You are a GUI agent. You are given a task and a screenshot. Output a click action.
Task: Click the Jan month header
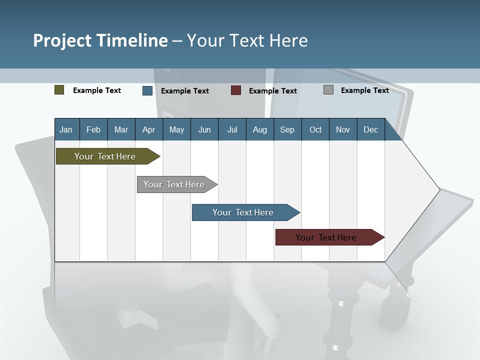tap(66, 129)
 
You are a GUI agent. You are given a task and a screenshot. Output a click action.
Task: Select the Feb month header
tap(93, 129)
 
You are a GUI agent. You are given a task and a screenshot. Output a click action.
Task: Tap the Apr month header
tap(149, 129)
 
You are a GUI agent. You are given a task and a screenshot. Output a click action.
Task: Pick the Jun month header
tap(204, 129)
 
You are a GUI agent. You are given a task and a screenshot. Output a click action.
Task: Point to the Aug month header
tap(260, 129)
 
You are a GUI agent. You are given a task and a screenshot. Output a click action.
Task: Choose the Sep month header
tap(287, 129)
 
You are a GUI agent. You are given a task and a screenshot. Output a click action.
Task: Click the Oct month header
tap(315, 129)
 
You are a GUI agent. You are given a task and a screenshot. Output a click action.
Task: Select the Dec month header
tap(371, 129)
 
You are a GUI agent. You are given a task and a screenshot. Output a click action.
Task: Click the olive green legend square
tap(59, 90)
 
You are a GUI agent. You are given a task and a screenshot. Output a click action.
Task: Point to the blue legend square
tap(147, 90)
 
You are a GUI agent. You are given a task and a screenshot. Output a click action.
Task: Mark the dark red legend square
tap(236, 90)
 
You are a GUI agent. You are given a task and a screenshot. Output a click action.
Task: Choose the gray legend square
tap(328, 90)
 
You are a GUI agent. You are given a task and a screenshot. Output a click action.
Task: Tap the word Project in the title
tap(62, 40)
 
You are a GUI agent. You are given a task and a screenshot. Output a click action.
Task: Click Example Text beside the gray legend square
tap(364, 90)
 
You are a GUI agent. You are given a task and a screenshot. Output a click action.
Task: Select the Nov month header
tap(343, 129)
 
